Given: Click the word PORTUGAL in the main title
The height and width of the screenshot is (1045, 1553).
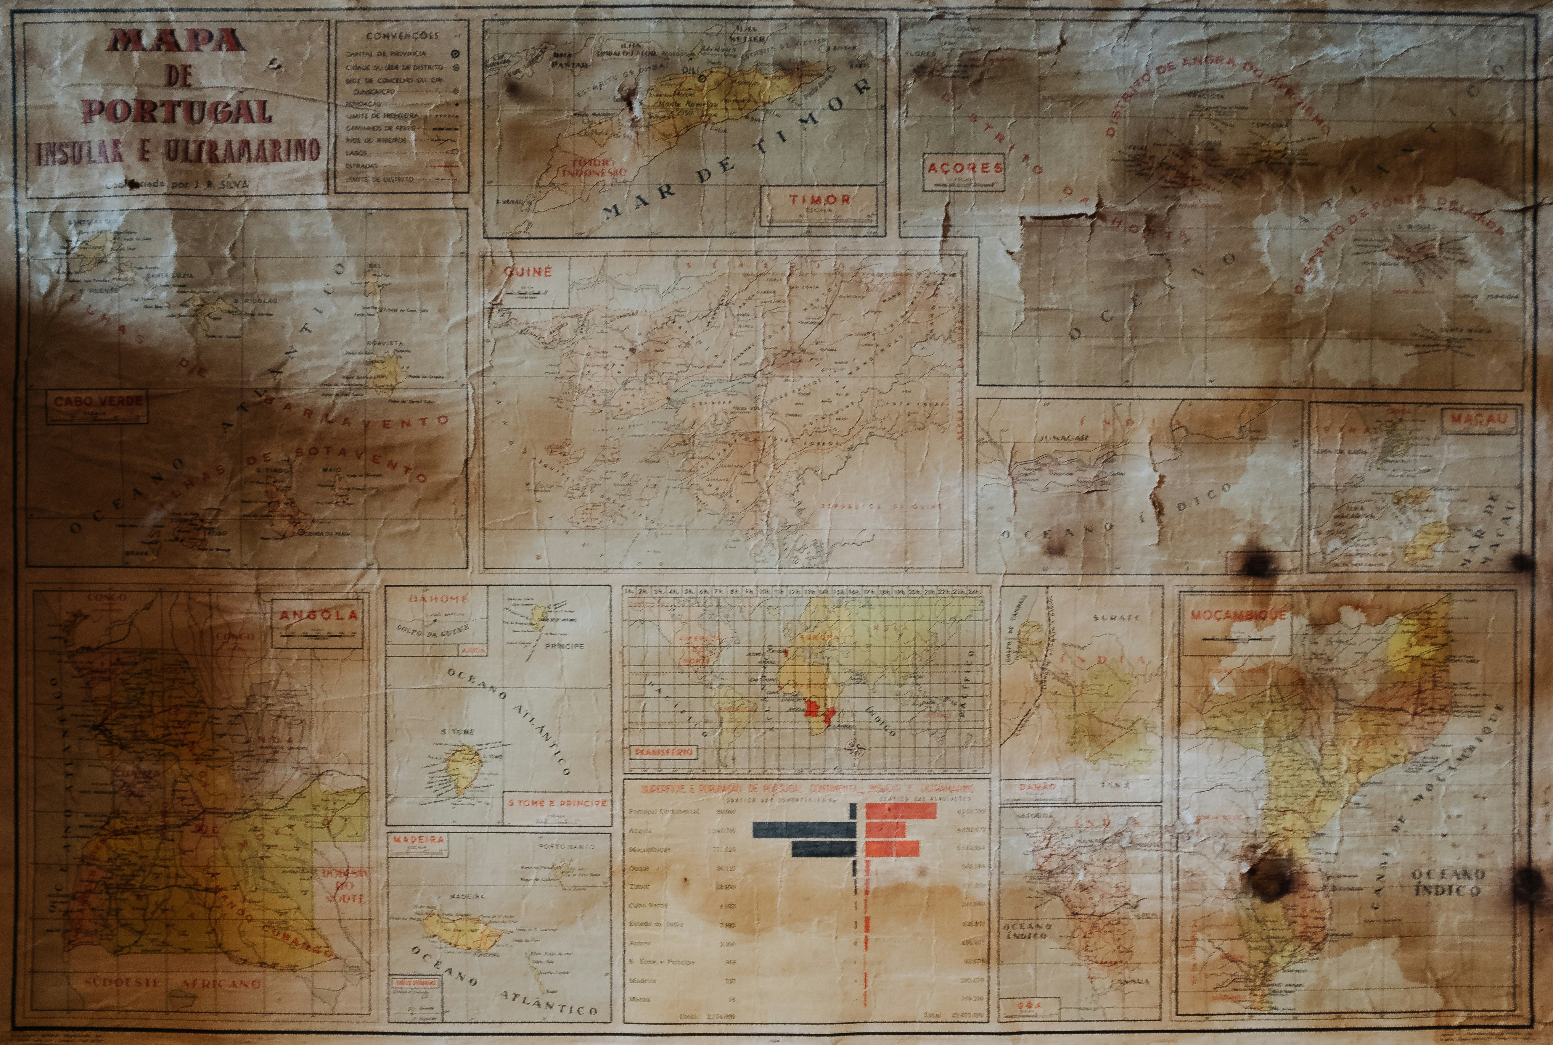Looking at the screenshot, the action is click(179, 111).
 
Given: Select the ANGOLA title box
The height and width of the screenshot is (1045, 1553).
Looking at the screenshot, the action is click(318, 616).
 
